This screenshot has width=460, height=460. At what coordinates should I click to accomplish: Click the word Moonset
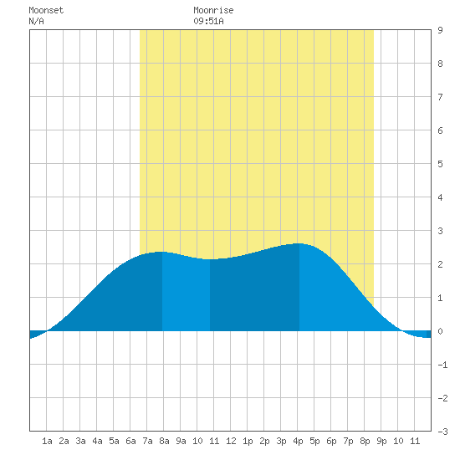coord(46,10)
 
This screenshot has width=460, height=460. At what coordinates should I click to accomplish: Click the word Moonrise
coord(213,10)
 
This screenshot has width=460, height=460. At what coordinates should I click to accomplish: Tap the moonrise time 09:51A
coord(208,21)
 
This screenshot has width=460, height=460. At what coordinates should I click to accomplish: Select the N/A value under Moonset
coord(36,21)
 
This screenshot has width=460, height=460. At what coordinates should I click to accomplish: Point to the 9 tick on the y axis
coord(440,30)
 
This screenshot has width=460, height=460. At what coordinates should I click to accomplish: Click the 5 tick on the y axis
coord(440,164)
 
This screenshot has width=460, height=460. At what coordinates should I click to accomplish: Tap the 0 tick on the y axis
coord(440,331)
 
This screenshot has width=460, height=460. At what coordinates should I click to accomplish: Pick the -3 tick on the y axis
coord(442,432)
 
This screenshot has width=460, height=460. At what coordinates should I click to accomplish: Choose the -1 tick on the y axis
coord(442,365)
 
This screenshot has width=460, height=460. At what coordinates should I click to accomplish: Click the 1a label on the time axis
coord(47,441)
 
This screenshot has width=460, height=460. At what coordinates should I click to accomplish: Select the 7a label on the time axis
coord(147,441)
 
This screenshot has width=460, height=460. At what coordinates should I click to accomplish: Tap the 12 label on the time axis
coord(231,441)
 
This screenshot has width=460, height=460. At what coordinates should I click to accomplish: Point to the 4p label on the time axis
coord(298,441)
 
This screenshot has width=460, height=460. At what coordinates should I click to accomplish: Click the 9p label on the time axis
coord(381,441)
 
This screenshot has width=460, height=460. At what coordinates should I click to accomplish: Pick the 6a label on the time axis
coord(130,441)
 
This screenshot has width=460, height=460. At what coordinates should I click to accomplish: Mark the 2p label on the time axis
coord(264,441)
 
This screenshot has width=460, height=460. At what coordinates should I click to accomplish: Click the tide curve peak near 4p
coord(299,243)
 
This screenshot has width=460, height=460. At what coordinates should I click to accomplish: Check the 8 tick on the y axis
coord(440,64)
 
